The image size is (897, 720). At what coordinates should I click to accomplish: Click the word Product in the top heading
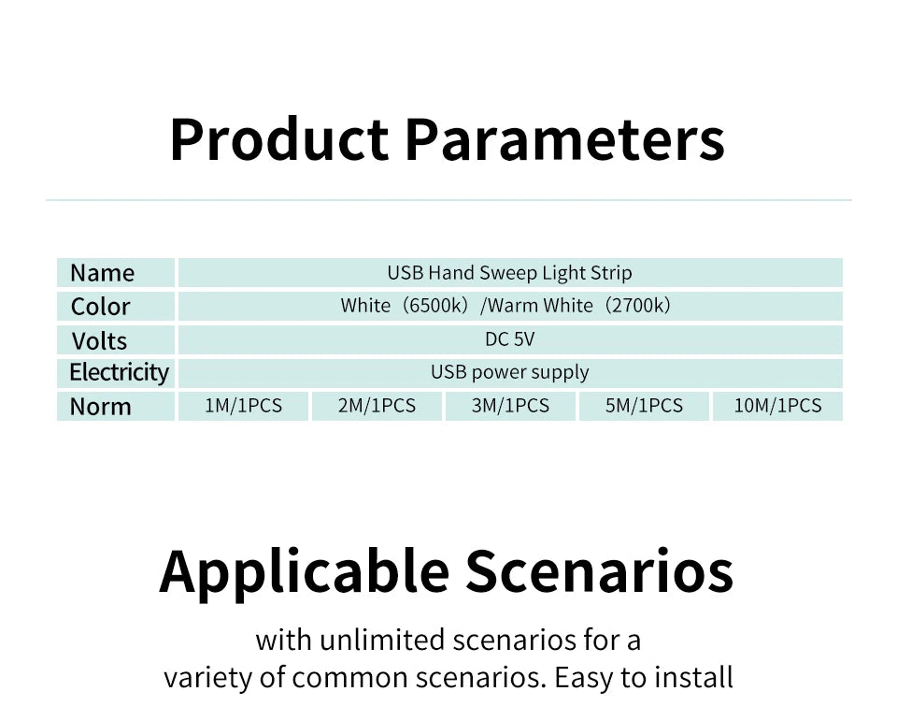pos(279,140)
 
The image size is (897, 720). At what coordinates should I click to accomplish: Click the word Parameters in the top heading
pos(565,140)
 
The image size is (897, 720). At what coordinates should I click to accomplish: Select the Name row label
pos(103,273)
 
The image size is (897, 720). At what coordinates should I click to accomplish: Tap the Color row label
pos(100,307)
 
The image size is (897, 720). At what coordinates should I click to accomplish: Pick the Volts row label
pos(99,341)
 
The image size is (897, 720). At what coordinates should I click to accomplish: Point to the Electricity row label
pos(119,372)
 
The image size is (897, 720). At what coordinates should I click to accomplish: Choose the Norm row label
pos(100,407)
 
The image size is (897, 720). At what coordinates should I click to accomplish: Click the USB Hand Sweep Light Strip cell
pos(510,273)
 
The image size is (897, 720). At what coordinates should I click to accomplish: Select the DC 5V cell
pos(510,339)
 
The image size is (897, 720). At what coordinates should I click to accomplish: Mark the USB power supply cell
pos(510,372)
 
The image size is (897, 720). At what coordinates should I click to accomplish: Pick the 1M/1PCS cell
pos(243,406)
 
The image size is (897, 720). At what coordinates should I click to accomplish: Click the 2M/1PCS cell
pos(377,406)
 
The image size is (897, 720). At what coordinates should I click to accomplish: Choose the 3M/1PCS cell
pos(510,406)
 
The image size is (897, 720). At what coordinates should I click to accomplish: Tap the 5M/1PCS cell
pos(644,406)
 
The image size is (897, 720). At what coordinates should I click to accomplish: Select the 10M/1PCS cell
pos(777,406)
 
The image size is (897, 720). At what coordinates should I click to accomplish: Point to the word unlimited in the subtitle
pos(382,640)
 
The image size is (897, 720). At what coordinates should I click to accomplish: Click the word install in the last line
pos(693,678)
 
